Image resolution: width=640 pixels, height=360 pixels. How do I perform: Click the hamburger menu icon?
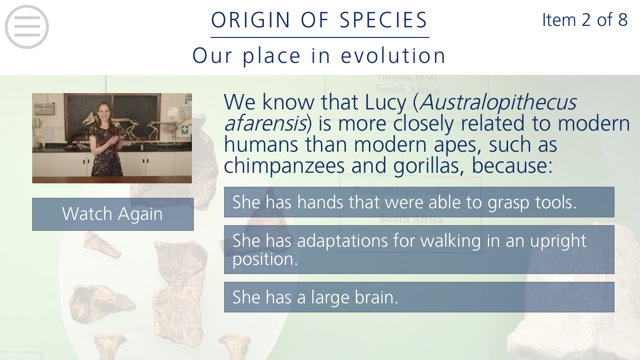point(27,27)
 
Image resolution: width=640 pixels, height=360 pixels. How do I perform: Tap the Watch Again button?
point(113,214)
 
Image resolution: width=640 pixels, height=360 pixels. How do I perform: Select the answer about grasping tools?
point(419,202)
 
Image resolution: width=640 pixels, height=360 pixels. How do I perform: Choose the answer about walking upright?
point(419,249)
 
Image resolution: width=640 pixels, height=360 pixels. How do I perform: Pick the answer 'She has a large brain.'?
point(419,297)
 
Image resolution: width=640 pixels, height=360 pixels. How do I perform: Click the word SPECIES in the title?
point(383,20)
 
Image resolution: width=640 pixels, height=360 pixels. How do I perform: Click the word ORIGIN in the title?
point(250,20)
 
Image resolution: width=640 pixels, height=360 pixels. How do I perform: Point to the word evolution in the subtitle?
point(393,56)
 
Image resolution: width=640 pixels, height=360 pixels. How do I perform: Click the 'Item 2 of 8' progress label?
point(584,20)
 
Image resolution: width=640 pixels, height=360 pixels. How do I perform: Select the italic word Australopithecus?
point(498,102)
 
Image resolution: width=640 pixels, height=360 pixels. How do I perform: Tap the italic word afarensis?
point(265,123)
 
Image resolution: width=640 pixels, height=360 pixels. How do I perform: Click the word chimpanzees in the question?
point(284,166)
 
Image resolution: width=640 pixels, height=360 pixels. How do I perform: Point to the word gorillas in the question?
point(426,166)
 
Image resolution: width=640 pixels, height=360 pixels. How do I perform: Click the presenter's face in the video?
point(104,113)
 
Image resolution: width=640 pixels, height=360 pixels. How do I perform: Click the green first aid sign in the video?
point(185,130)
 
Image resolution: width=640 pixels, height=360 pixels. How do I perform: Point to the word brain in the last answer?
point(376,297)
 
